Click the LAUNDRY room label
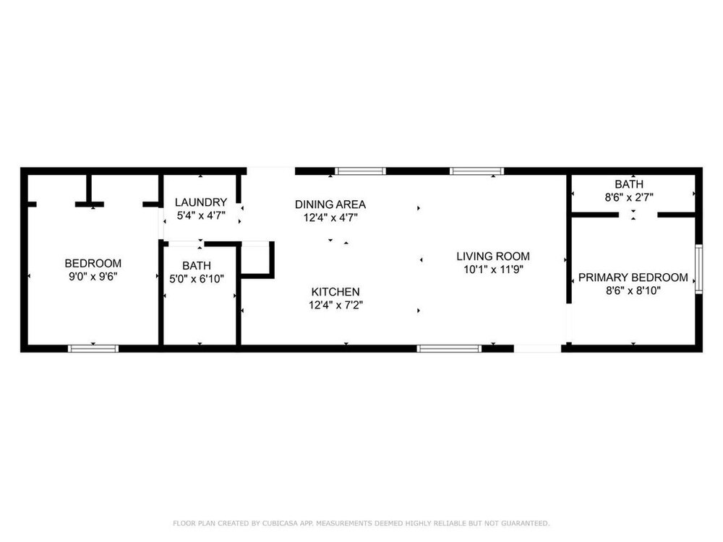click(200, 202)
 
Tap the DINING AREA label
click(330, 205)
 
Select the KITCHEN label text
click(335, 292)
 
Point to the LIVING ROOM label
click(493, 257)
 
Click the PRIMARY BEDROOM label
click(633, 278)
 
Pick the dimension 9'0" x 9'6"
click(93, 277)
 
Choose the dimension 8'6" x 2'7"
click(629, 197)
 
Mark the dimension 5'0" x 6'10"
click(197, 279)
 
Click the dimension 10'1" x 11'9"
click(493, 270)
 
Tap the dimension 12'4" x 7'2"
click(335, 305)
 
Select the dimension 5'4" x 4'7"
click(201, 215)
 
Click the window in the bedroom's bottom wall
click(93, 348)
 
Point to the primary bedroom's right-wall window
click(699, 269)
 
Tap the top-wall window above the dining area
click(360, 171)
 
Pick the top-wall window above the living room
click(476, 171)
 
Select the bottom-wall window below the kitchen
click(449, 348)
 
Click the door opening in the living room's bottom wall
click(538, 348)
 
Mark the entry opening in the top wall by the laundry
click(270, 171)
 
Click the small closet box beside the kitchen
click(257, 260)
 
